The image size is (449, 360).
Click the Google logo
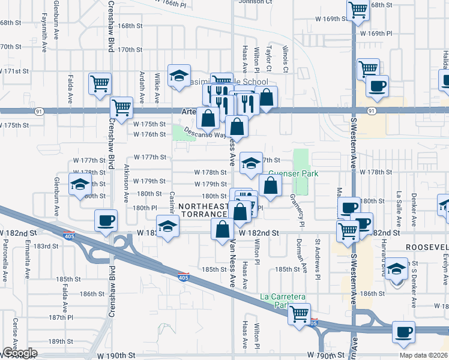click(x=20, y=353)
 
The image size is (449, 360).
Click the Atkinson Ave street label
click(x=126, y=182)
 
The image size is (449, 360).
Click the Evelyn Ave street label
click(x=445, y=270)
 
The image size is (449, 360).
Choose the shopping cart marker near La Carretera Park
click(x=299, y=313)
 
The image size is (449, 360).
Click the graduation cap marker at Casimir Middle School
click(x=179, y=76)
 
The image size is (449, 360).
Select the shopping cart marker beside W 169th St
click(x=358, y=10)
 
